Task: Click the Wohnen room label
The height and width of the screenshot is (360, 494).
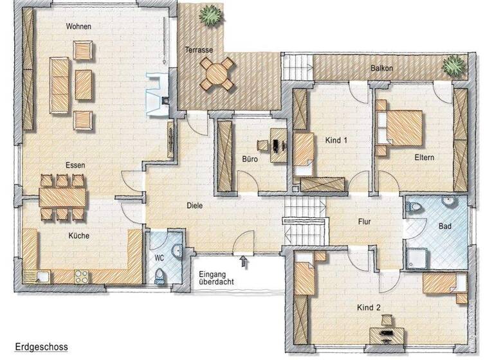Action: coord(78,26)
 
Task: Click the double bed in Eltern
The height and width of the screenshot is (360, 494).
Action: coord(401,127)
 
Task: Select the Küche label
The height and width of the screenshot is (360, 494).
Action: coord(78,236)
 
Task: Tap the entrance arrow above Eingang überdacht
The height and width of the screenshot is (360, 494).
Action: coord(242,260)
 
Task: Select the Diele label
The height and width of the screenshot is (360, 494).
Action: coord(194,206)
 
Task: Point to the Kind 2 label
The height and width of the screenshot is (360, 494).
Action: coord(369,308)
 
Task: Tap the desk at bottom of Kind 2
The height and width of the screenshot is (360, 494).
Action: coord(386,334)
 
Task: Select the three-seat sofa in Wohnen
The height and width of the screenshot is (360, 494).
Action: coord(58,83)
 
